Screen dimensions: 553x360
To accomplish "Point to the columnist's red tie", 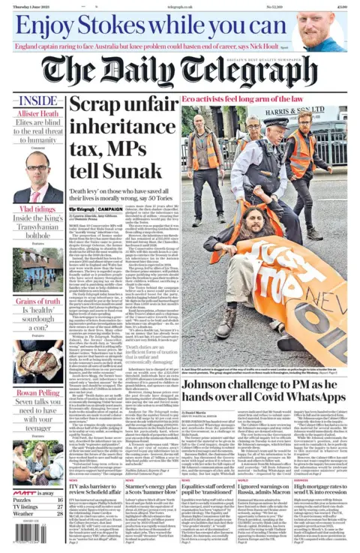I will pos(38,193).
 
